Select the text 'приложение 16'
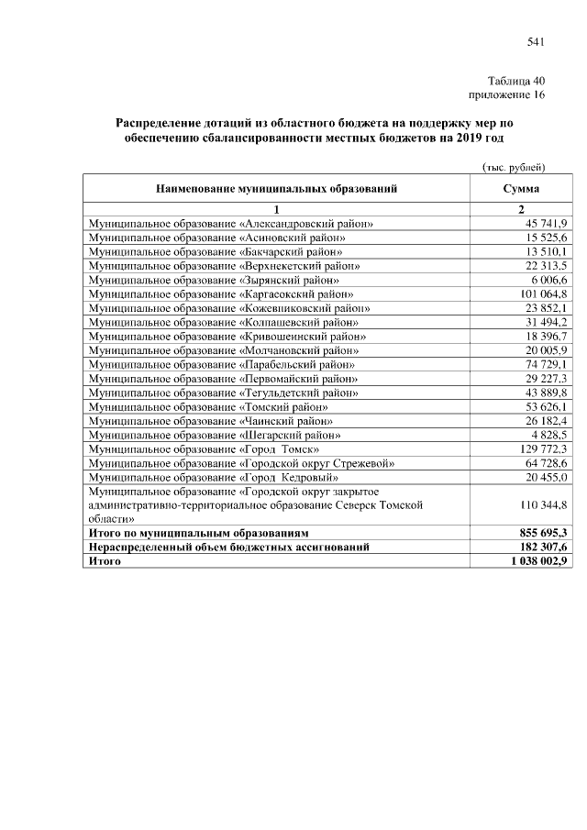click(507, 94)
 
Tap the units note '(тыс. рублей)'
click(515, 167)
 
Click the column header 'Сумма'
click(520, 189)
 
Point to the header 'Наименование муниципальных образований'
click(276, 189)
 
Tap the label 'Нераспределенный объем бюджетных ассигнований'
click(228, 547)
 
